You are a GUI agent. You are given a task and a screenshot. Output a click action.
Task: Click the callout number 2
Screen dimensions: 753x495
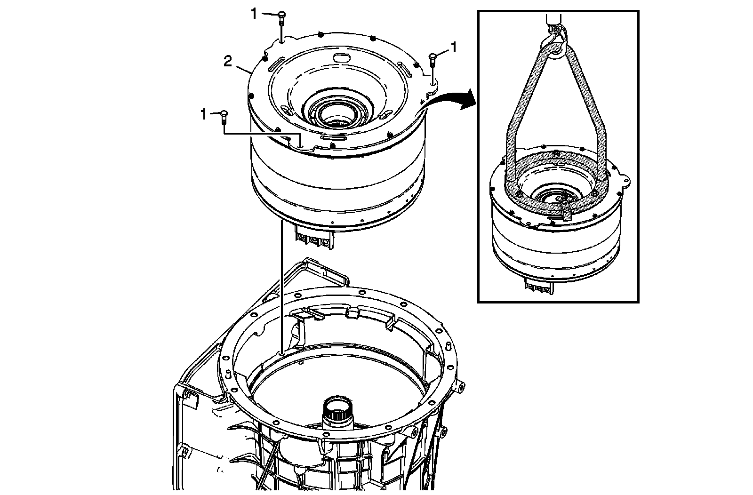click(227, 62)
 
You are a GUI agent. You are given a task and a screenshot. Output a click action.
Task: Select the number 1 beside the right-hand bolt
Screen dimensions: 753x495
click(454, 47)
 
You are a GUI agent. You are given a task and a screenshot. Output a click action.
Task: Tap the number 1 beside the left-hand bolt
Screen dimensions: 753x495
click(203, 114)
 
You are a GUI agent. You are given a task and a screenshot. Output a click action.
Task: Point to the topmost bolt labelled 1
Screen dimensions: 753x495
click(281, 18)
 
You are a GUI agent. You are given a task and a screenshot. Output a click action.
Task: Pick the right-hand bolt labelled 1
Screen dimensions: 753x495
click(433, 59)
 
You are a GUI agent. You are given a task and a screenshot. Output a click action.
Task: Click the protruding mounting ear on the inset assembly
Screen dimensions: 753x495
click(625, 180)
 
